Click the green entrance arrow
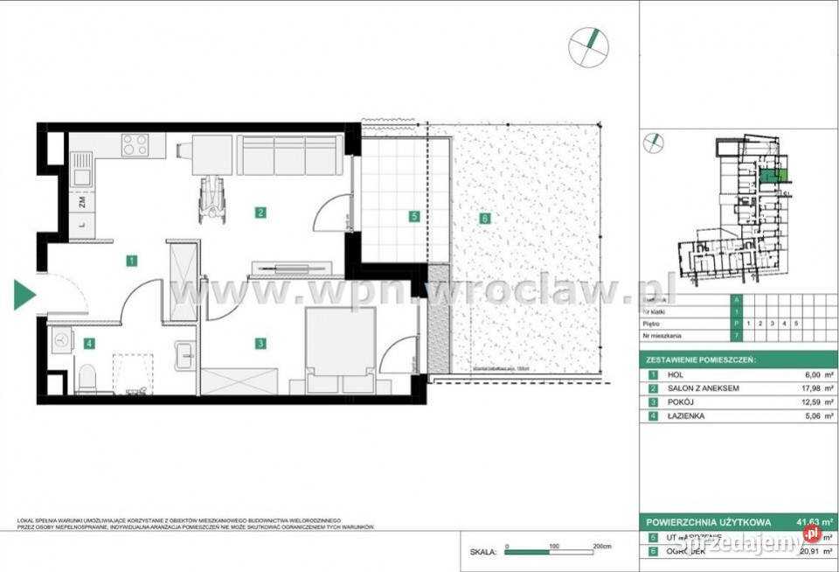(x=24, y=295)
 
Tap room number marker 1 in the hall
(x=129, y=260)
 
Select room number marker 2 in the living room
(x=259, y=211)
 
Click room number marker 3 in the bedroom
(x=260, y=344)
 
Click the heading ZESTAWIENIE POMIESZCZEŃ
(x=701, y=359)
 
